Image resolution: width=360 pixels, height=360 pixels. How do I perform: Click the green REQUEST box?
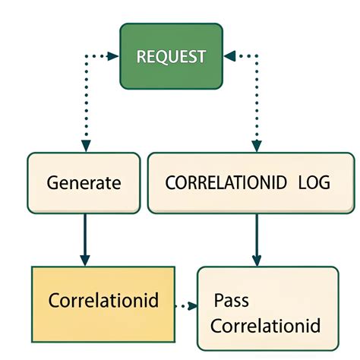click(x=172, y=55)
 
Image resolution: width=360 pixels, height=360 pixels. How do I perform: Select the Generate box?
click(x=84, y=182)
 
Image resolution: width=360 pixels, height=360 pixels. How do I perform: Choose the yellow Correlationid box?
click(x=103, y=301)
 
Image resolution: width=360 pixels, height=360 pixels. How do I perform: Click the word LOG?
click(x=314, y=183)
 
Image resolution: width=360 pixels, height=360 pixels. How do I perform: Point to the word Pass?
click(x=231, y=301)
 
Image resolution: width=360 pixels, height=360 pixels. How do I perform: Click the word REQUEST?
click(x=171, y=56)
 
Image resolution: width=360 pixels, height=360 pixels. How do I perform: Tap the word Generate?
click(x=84, y=183)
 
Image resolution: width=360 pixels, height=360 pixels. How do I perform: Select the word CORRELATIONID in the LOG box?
click(x=226, y=183)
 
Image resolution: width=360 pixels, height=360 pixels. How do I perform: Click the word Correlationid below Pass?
click(x=265, y=326)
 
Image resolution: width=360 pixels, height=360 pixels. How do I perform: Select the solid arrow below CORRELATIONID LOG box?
click(x=256, y=239)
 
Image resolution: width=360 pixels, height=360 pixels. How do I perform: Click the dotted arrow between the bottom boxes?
click(x=187, y=306)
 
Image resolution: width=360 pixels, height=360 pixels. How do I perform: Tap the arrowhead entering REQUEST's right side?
click(x=229, y=55)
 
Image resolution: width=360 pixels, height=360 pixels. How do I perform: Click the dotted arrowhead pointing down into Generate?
click(x=86, y=144)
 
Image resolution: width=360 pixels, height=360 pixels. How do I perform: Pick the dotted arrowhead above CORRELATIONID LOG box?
click(x=256, y=144)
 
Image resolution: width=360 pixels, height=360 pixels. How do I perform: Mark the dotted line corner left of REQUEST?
click(x=86, y=55)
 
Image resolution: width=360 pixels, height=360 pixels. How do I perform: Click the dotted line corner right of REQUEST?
click(x=256, y=55)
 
